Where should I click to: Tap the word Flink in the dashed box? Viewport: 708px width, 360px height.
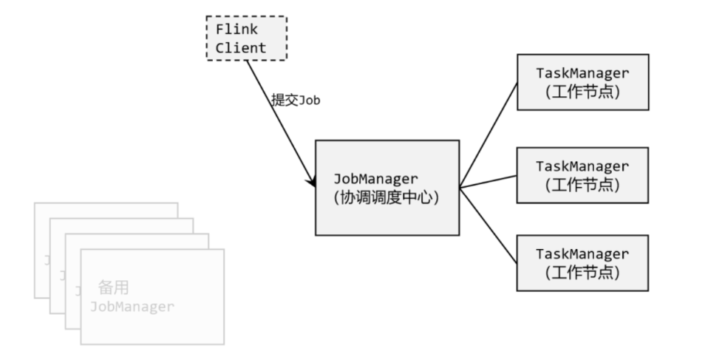click(x=236, y=30)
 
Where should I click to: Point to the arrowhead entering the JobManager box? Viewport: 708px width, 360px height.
click(x=312, y=183)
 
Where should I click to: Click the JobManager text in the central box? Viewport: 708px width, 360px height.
click(x=376, y=179)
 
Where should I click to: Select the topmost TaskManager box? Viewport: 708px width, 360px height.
click(x=582, y=81)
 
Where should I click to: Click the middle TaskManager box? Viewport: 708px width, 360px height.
click(x=582, y=175)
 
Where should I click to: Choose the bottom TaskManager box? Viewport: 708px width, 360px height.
click(x=582, y=263)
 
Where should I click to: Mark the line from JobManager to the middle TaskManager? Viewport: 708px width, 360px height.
click(x=488, y=181)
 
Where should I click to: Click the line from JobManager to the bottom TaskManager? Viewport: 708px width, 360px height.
click(x=488, y=225)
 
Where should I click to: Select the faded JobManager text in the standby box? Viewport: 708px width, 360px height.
click(x=132, y=306)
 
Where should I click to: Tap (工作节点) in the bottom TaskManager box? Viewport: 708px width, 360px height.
click(x=582, y=272)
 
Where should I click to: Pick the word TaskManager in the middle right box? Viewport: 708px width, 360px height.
click(x=582, y=166)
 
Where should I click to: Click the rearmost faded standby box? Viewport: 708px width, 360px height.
click(x=103, y=210)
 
